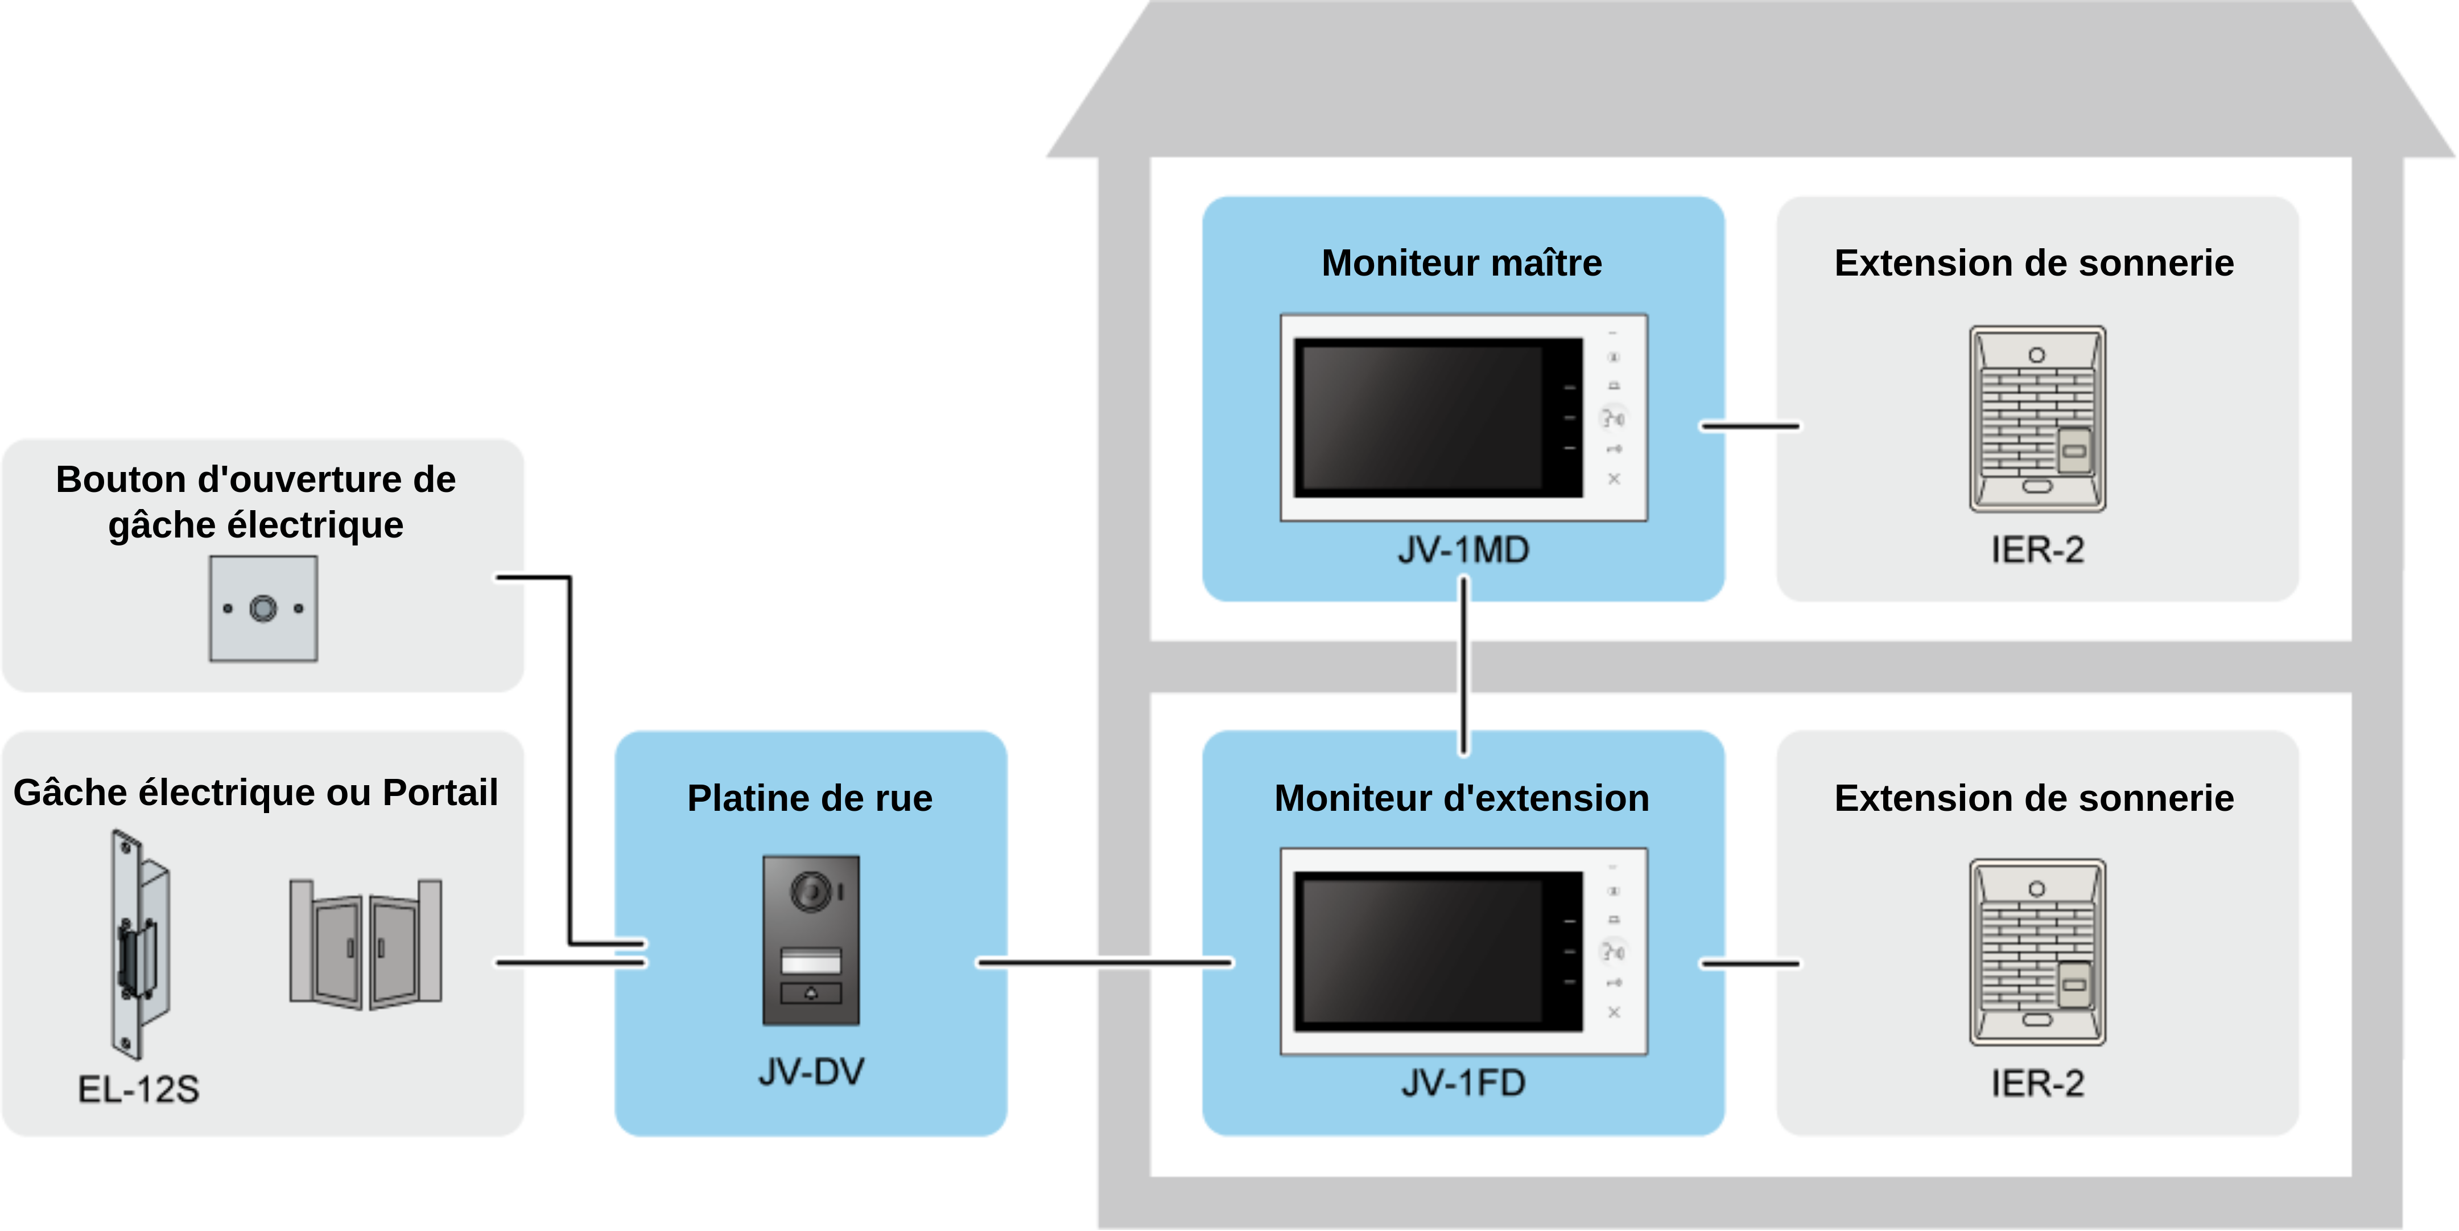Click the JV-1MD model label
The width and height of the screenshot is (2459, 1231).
pos(1463,550)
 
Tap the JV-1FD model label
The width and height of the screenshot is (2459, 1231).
pos(1463,1083)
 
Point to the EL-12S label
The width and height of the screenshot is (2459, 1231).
pos(138,1089)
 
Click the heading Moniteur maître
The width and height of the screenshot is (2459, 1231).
pos(1462,262)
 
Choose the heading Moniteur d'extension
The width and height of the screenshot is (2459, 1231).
pos(1462,798)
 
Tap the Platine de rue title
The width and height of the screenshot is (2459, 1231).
pos(810,798)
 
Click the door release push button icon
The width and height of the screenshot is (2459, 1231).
pos(263,608)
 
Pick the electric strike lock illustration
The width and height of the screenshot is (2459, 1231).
pos(139,943)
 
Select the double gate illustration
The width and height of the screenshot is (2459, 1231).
pos(366,943)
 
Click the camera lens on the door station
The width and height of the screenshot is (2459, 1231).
pos(811,892)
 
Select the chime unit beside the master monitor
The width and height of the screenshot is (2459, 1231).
pos(2037,418)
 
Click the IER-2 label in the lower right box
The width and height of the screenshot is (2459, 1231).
pos(2037,1083)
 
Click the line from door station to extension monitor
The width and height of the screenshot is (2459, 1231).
pos(1104,963)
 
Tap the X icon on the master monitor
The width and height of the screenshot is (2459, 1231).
pos(1614,478)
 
